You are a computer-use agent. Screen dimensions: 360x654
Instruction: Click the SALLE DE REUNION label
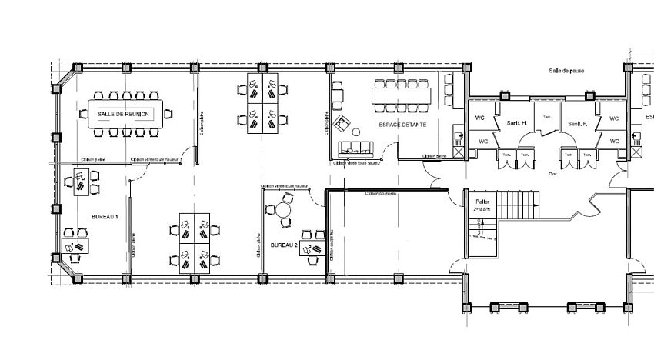point(124,114)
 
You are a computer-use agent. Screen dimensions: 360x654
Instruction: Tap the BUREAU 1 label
point(104,218)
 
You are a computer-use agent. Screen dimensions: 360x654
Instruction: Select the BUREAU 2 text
point(284,245)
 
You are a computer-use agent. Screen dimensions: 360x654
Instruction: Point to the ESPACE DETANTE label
point(401,124)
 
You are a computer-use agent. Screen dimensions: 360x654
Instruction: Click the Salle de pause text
point(566,70)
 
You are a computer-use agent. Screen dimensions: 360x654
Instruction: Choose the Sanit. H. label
point(516,123)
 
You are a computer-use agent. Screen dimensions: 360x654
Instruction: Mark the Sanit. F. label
point(576,123)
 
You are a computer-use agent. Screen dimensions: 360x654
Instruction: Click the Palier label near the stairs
point(482,202)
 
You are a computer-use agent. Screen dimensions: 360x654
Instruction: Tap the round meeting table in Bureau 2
point(284,209)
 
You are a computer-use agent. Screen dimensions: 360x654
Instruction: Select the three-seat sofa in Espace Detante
point(355,148)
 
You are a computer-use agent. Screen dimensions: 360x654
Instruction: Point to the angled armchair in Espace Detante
point(342,123)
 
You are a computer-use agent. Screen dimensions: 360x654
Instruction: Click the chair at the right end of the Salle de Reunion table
point(169,114)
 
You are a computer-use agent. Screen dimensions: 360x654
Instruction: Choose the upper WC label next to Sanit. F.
point(614,118)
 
